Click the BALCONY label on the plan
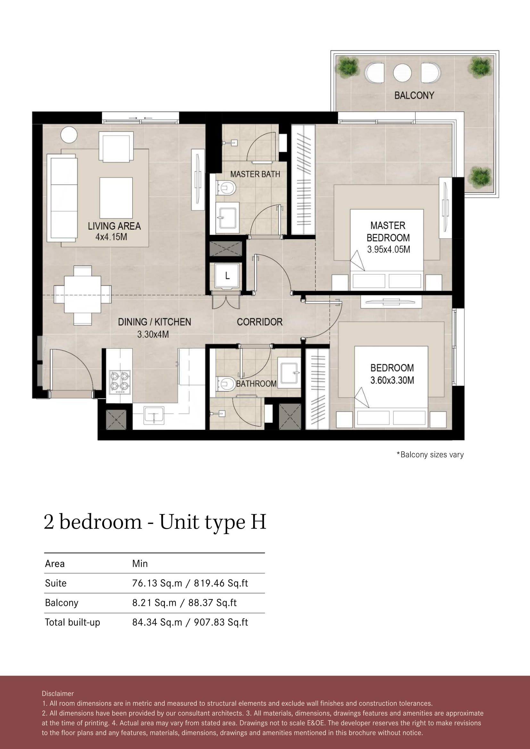[x=414, y=95]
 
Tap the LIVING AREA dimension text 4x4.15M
[x=111, y=237]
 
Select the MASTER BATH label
[x=255, y=174]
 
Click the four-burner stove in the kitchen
[x=120, y=382]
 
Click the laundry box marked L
[x=227, y=276]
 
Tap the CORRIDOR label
[x=260, y=322]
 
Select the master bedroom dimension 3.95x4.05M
[x=388, y=249]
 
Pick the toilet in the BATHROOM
[x=226, y=384]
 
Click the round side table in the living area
[x=69, y=134]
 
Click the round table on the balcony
[x=402, y=73]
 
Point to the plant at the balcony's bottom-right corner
[x=480, y=176]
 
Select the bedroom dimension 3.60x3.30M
[x=392, y=380]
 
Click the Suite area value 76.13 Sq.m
[x=157, y=583]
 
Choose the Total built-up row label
[x=72, y=623]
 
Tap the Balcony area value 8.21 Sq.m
[x=154, y=603]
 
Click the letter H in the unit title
[x=259, y=522]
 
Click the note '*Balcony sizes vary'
[x=430, y=455]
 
